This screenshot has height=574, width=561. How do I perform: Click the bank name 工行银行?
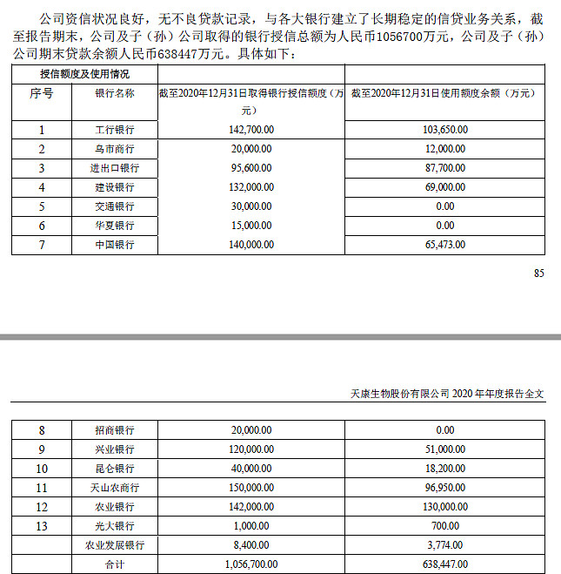pos(115,130)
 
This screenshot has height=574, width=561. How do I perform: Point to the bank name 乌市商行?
pos(115,149)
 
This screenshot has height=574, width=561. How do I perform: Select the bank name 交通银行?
pos(115,206)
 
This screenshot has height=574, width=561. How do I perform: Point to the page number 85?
pos(538,273)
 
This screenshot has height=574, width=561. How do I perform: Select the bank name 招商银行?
pos(115,429)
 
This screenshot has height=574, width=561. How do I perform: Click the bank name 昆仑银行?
pos(115,469)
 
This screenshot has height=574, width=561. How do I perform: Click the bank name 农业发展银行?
pos(115,545)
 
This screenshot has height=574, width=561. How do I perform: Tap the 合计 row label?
pos(115,564)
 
